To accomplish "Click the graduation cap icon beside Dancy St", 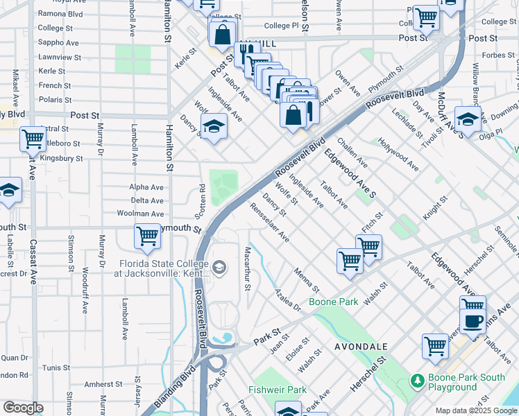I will [214, 127].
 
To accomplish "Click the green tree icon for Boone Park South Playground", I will [417, 381].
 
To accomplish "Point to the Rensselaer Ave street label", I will [269, 222].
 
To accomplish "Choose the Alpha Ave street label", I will [146, 187].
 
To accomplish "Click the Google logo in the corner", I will [23, 408].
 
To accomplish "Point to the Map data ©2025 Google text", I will [476, 410].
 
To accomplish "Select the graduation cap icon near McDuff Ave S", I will [468, 119].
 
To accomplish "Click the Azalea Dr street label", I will [287, 300].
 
